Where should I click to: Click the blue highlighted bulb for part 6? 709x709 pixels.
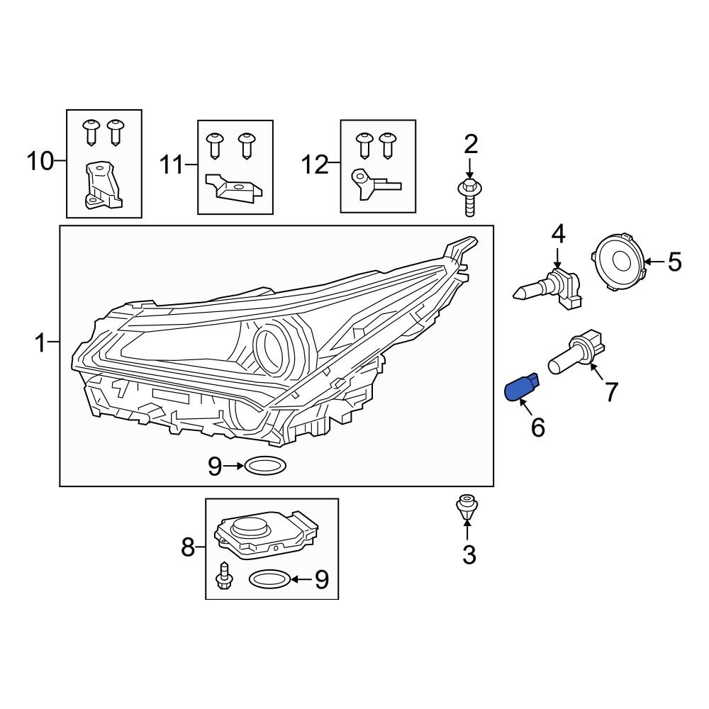(x=520, y=389)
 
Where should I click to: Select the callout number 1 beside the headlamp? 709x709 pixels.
(x=40, y=345)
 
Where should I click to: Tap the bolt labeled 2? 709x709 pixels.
(x=469, y=196)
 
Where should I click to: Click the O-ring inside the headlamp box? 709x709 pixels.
(x=265, y=466)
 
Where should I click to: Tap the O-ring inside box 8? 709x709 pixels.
(x=269, y=579)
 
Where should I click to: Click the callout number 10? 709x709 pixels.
(x=40, y=162)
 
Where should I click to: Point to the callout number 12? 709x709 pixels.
(x=315, y=165)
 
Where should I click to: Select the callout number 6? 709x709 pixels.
(x=538, y=428)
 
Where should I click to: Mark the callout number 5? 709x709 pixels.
(x=674, y=262)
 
